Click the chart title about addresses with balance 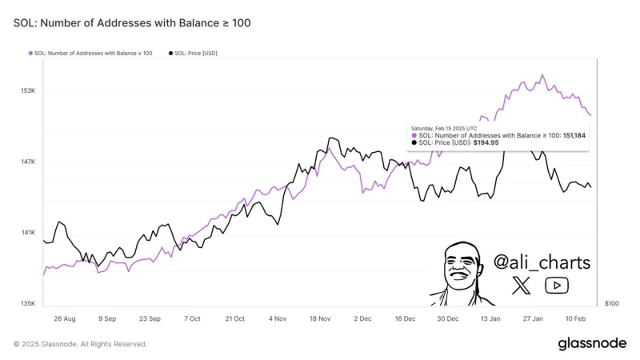point(132,23)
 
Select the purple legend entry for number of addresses point(90,53)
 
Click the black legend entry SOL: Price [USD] point(193,53)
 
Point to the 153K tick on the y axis point(28,91)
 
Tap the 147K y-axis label point(28,162)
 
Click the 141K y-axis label point(28,233)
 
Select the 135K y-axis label point(28,304)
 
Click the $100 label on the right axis point(612,304)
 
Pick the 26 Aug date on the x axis point(64,318)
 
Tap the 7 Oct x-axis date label point(192,318)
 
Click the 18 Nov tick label point(319,318)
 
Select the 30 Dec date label point(447,318)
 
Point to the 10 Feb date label point(575,318)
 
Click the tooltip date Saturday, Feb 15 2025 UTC point(444,128)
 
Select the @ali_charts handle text point(542,262)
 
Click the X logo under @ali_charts point(521,286)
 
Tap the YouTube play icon point(557,286)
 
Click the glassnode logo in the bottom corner point(592,343)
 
